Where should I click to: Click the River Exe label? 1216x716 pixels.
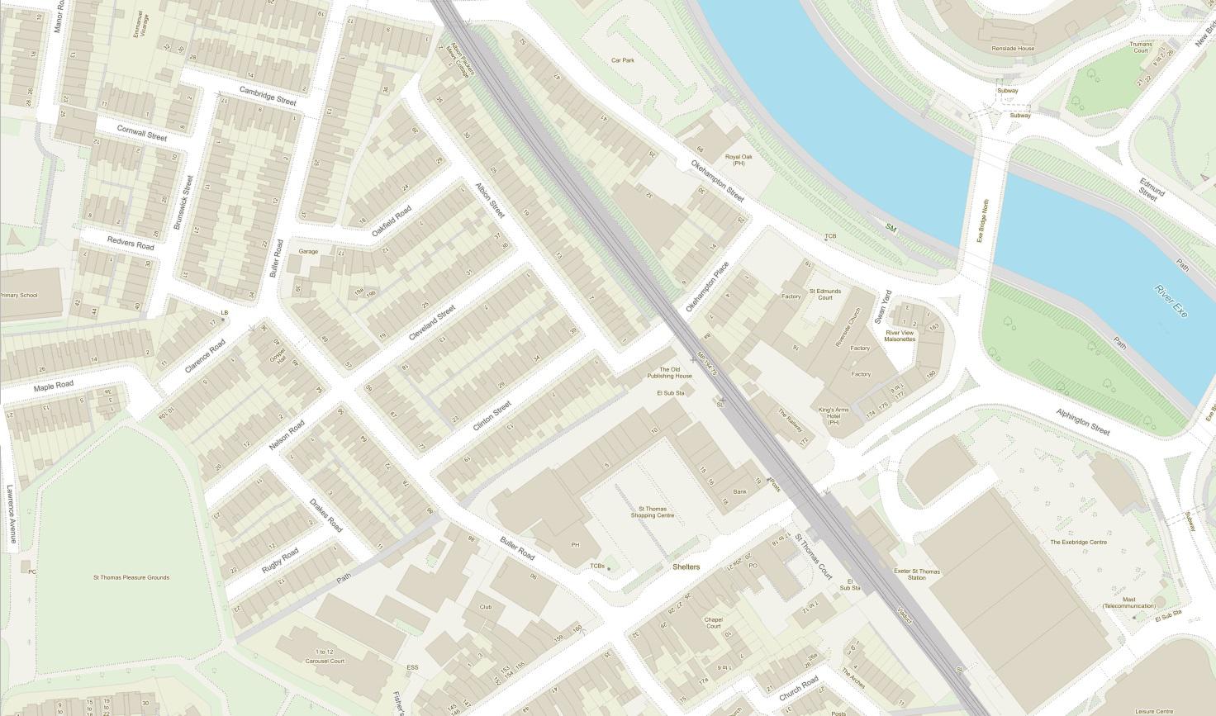1171,302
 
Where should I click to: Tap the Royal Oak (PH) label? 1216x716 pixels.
735,159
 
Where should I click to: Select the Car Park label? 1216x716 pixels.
622,60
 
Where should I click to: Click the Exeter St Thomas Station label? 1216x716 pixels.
917,575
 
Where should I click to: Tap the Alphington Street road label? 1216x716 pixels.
1083,421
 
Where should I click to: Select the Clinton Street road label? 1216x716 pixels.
492,416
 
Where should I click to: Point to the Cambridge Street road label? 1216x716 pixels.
268,95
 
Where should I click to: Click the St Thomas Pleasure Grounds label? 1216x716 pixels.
131,577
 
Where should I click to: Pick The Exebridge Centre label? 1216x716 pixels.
1078,543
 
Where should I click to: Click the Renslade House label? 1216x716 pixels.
1014,49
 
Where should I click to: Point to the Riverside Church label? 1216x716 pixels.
853,328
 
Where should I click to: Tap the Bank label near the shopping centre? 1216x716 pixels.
739,491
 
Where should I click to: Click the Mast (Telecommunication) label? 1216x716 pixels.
1128,603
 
